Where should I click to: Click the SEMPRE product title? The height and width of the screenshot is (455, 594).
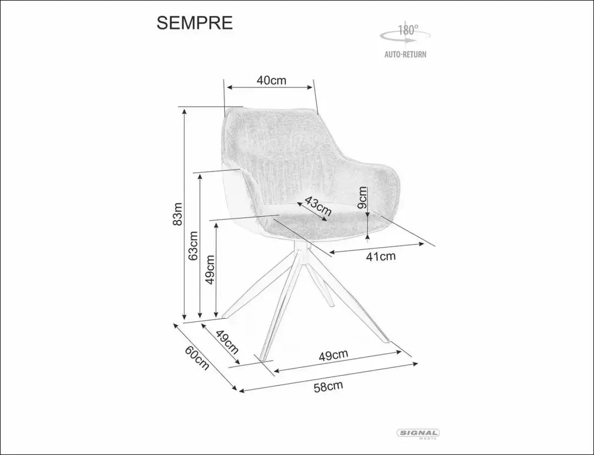tap(194, 23)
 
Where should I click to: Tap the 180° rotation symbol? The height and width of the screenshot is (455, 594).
tap(405, 34)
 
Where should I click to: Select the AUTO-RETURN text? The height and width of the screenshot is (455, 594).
tap(405, 54)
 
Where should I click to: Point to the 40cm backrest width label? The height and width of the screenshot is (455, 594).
tap(271, 80)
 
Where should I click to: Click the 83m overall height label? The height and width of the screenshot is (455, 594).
tap(178, 214)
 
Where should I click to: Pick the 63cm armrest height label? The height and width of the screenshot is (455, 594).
tap(194, 245)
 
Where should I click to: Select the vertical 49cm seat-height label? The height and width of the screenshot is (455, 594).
tap(210, 270)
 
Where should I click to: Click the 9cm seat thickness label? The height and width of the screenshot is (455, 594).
tap(362, 198)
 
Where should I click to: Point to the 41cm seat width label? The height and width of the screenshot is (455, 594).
tap(381, 256)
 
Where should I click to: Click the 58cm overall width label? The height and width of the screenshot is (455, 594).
tap(328, 386)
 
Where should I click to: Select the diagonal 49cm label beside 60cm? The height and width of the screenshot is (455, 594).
tap(227, 342)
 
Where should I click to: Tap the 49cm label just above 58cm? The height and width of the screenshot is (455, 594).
tap(333, 355)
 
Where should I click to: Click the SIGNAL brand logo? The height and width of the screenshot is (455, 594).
tap(418, 434)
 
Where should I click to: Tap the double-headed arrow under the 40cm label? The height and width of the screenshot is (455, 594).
tap(269, 87)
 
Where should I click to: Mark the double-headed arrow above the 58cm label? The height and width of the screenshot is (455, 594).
tap(345, 368)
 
